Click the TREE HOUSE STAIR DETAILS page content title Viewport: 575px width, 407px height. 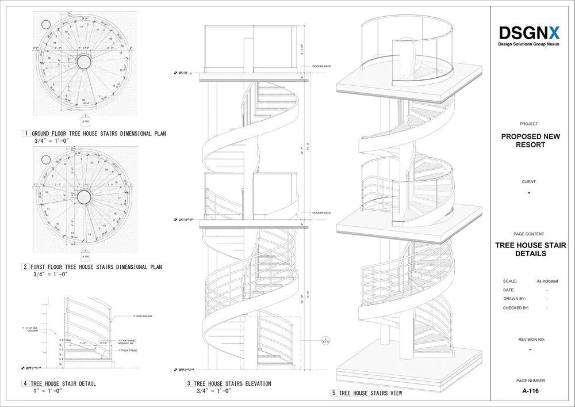(530, 249)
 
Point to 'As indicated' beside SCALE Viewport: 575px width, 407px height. (547, 281)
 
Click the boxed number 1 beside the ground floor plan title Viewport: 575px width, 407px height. (26, 134)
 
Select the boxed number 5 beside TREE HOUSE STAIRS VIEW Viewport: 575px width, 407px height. (333, 393)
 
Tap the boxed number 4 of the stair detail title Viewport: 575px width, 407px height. (26, 383)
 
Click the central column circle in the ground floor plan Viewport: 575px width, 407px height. (85, 62)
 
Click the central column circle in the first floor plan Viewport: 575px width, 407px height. (85, 197)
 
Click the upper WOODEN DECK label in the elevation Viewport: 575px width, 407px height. (321, 66)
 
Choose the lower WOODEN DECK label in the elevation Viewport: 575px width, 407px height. (321, 213)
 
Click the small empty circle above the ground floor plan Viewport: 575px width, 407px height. (45, 25)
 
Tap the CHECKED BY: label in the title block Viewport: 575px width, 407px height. (516, 308)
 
